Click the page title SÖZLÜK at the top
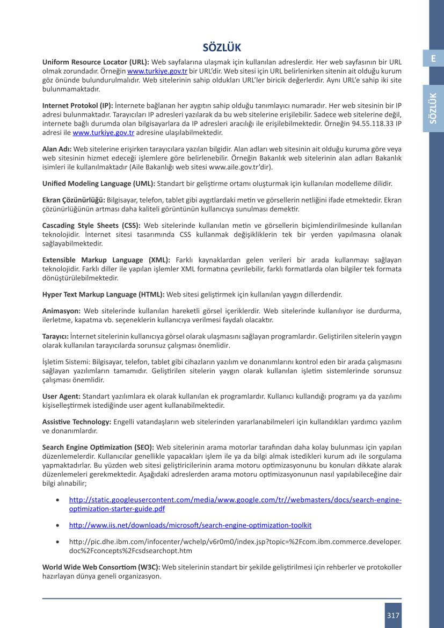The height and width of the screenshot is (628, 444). (x=222, y=48)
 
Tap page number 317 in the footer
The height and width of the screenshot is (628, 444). (x=393, y=615)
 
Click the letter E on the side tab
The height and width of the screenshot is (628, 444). (x=433, y=59)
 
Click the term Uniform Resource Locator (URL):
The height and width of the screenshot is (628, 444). (x=96, y=62)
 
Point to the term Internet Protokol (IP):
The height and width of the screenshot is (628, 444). (x=78, y=105)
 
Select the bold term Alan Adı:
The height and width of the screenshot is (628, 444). (x=57, y=148)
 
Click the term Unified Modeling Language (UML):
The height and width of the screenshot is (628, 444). (x=99, y=183)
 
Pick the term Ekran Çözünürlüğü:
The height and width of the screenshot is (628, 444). (x=74, y=199)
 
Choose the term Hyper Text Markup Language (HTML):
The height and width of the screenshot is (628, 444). (x=104, y=294)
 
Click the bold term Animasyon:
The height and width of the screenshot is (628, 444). (x=62, y=311)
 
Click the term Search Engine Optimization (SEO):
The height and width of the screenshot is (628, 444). (x=98, y=447)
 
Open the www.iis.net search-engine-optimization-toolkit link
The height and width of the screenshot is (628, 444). (x=191, y=525)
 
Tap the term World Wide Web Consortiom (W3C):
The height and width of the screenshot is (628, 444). (x=101, y=567)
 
